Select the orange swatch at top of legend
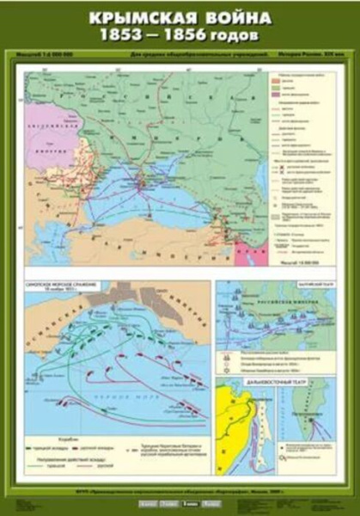coord(277,87)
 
